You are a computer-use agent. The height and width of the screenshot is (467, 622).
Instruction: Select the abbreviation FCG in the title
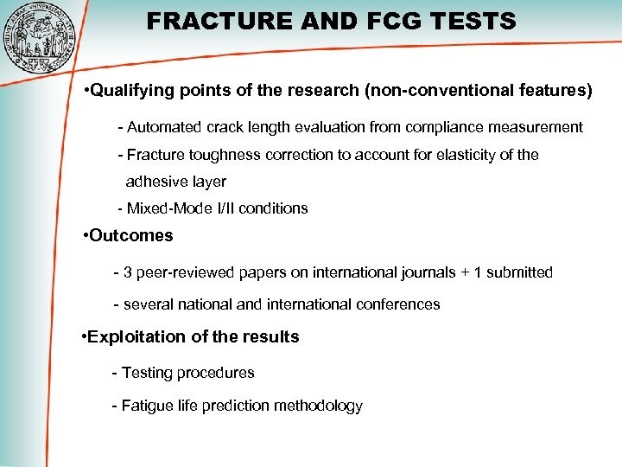(x=391, y=21)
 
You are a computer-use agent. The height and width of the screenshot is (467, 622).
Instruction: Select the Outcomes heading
(x=130, y=235)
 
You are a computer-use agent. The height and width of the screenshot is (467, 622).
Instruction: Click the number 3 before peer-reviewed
(x=128, y=272)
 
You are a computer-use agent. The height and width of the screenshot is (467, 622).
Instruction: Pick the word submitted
(x=519, y=272)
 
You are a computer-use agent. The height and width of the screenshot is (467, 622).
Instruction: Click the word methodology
(x=321, y=406)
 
